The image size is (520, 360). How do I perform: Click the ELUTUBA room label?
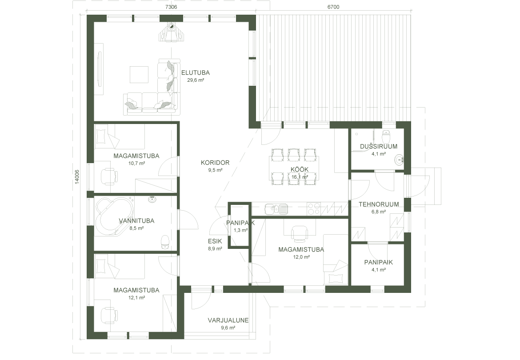[195, 73]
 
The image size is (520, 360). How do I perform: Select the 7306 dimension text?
[171, 7]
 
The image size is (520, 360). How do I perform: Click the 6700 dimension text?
[333, 7]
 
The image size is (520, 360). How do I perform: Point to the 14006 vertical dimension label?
[76, 176]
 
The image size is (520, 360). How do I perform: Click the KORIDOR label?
[215, 163]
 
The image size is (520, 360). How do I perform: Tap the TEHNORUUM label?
[379, 204]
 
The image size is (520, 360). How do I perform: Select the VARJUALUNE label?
[228, 320]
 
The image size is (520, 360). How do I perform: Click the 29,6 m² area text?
[196, 80]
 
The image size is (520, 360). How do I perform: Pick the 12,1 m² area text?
[136, 298]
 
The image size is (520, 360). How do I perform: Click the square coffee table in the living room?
[140, 75]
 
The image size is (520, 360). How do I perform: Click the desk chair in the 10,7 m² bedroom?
[109, 176]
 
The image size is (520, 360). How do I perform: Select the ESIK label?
[215, 241]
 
